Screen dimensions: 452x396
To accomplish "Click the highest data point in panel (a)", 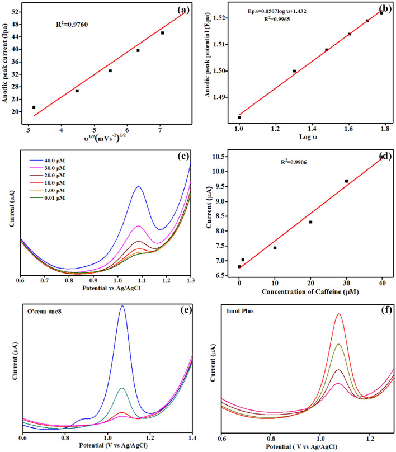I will (x=163, y=33).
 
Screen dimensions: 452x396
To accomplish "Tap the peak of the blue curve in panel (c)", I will (x=138, y=187).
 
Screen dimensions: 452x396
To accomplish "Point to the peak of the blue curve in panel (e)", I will (x=122, y=306).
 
